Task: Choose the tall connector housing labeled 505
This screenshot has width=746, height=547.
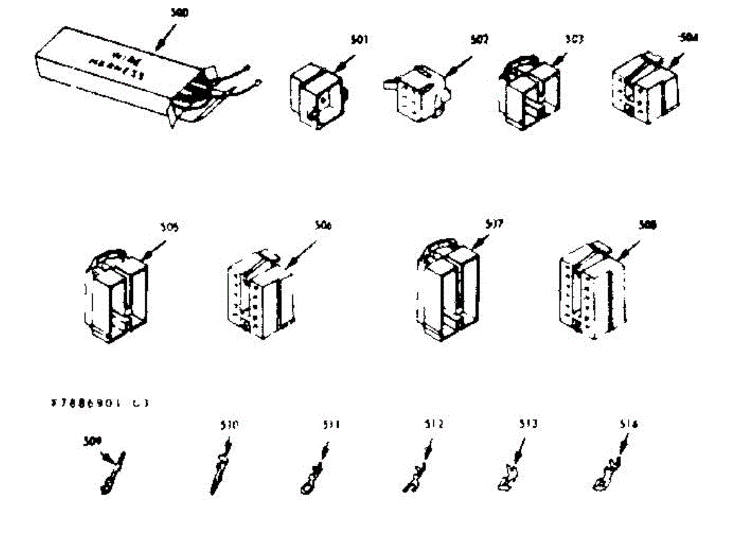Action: tap(116, 295)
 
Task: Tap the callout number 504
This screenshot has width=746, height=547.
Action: tap(688, 37)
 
